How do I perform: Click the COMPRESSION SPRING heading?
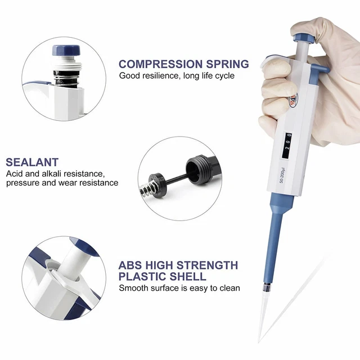point(184,64)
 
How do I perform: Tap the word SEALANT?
point(32,162)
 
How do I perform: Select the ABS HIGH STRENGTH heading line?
point(178,265)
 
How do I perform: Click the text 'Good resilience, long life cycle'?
point(177,76)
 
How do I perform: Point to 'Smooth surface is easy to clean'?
point(179,288)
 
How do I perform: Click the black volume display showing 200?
point(287,145)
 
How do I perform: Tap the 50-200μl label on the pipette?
point(282,175)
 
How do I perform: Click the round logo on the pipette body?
point(293,100)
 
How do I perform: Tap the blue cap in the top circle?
point(66,51)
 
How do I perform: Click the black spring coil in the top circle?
point(66,78)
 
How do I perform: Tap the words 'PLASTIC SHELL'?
point(163,276)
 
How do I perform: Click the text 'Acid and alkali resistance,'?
point(56,174)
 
